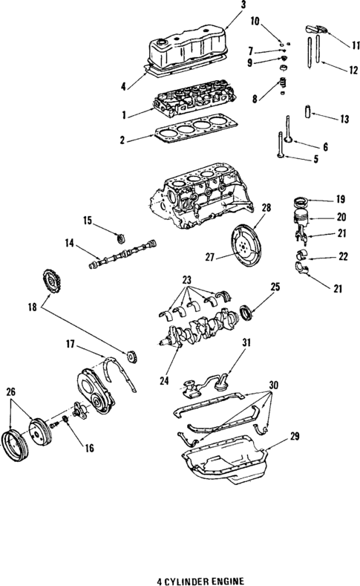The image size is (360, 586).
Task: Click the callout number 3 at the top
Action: (x=222, y=5)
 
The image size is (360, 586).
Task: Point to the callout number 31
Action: (x=246, y=342)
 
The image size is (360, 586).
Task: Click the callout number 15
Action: (x=88, y=220)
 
